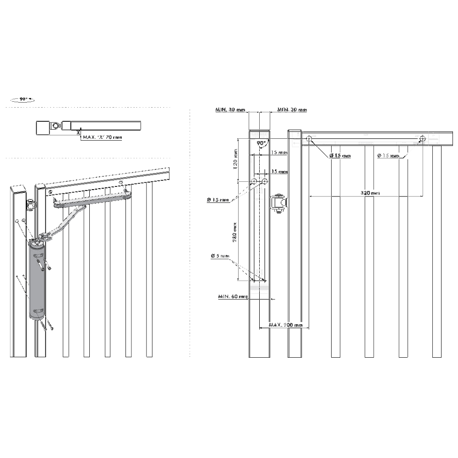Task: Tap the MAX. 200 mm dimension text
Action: tap(286, 325)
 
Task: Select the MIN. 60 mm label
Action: tap(233, 296)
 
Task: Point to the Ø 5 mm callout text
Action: tap(220, 257)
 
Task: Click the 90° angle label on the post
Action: tap(262, 143)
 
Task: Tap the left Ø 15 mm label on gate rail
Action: tap(340, 156)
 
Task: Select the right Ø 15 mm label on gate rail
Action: tap(388, 156)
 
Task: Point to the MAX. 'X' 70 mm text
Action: tap(102, 136)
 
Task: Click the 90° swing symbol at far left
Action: tap(21, 99)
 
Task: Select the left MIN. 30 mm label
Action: tap(230, 110)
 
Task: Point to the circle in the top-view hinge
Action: tap(55, 125)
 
